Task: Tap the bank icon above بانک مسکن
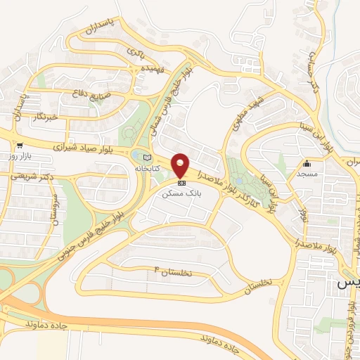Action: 181,182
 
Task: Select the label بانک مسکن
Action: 181,192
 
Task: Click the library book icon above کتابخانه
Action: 146,157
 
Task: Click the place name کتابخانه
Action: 146,170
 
